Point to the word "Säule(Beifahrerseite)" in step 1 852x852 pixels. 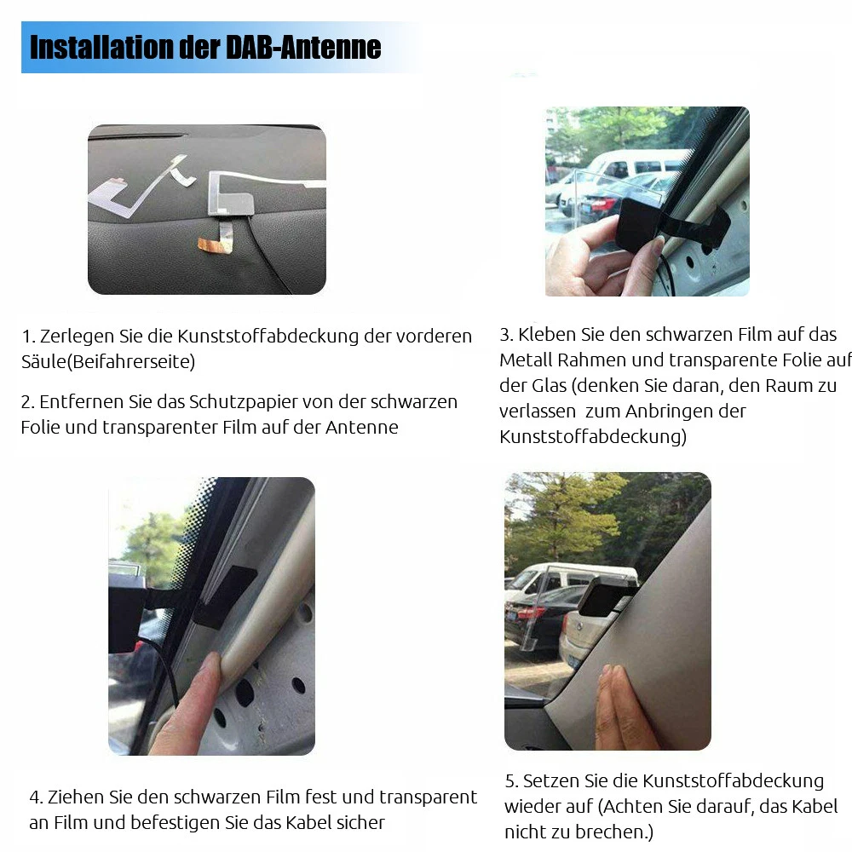(x=108, y=361)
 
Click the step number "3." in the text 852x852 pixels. (x=506, y=335)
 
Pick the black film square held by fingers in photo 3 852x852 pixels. (x=639, y=223)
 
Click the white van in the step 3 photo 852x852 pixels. (x=639, y=166)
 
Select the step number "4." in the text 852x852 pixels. (x=36, y=797)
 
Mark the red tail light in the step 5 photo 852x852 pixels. (x=531, y=612)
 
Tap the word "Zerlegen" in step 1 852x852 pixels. (x=78, y=336)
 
